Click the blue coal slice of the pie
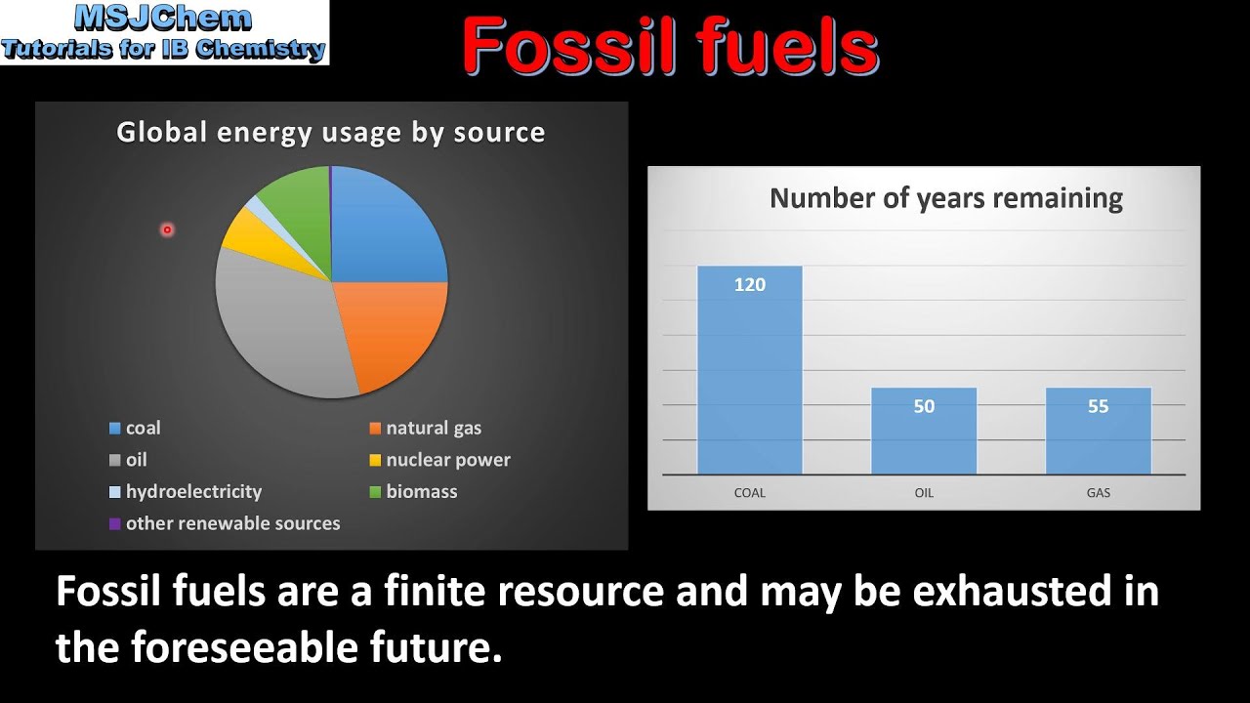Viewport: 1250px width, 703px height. tap(386, 229)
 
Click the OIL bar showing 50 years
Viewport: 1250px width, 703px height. tap(924, 439)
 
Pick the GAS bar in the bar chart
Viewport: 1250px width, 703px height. tap(1098, 439)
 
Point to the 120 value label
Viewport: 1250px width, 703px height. tap(750, 285)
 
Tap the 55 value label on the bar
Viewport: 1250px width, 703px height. tap(1099, 406)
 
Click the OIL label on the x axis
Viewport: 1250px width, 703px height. tap(924, 493)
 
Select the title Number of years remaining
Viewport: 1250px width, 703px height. tap(945, 199)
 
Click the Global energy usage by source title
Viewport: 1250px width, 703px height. tap(330, 133)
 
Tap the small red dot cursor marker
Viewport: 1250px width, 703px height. tap(167, 229)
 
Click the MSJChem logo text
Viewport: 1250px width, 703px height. tap(164, 18)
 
